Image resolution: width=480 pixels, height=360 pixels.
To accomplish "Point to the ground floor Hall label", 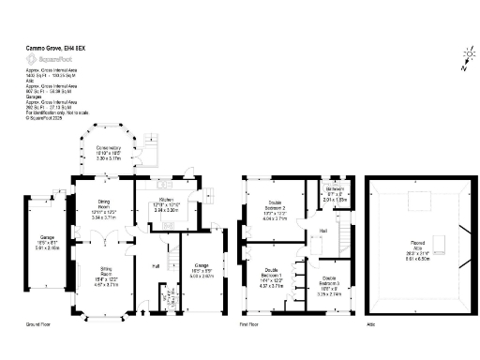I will coord(156,266).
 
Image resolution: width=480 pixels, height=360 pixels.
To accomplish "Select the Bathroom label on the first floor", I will coord(335,194).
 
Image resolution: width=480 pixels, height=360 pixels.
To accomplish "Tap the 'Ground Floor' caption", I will coord(37,325).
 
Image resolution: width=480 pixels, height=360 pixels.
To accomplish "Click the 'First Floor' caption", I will coord(248,325).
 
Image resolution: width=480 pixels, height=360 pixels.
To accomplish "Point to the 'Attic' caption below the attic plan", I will coord(371,325).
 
